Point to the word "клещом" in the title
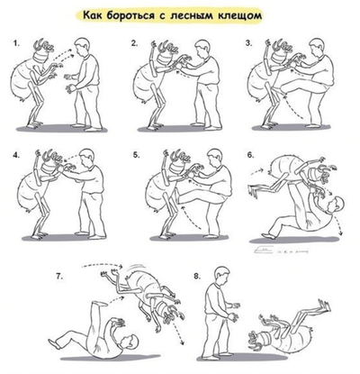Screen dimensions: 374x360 (273, 15)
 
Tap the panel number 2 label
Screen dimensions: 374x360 (134, 43)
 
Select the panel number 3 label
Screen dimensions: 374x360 (249, 43)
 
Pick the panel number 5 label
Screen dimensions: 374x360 (134, 154)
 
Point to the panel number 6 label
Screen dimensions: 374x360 (249, 154)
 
